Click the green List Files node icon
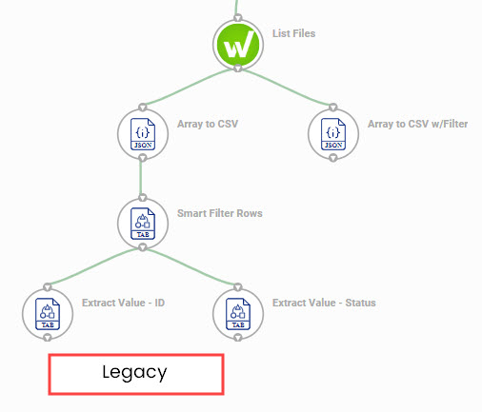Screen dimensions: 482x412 coord(238,45)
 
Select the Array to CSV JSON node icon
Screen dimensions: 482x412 coord(143,134)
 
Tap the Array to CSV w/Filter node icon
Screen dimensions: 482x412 coord(333,134)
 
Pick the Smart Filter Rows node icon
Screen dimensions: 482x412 coord(143,224)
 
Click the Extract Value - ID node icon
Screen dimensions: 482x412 coord(48,314)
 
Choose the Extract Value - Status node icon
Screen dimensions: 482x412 coord(238,314)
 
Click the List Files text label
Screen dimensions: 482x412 coord(293,33)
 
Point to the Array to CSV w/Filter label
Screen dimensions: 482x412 coord(417,124)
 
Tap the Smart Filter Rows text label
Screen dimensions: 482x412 coord(220,213)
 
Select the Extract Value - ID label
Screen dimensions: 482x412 coord(123,303)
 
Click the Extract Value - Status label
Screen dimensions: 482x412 coord(324,303)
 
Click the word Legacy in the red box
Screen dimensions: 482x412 coord(134,372)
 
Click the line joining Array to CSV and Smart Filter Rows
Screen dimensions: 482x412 coord(141,178)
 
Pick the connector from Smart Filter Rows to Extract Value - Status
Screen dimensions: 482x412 coord(191,265)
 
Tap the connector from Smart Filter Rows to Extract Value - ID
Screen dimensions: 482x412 coord(93,265)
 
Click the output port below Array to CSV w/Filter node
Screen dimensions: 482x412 coord(333,158)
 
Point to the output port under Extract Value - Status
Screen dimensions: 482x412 coord(238,338)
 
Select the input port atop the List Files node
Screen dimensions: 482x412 coord(238,18)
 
